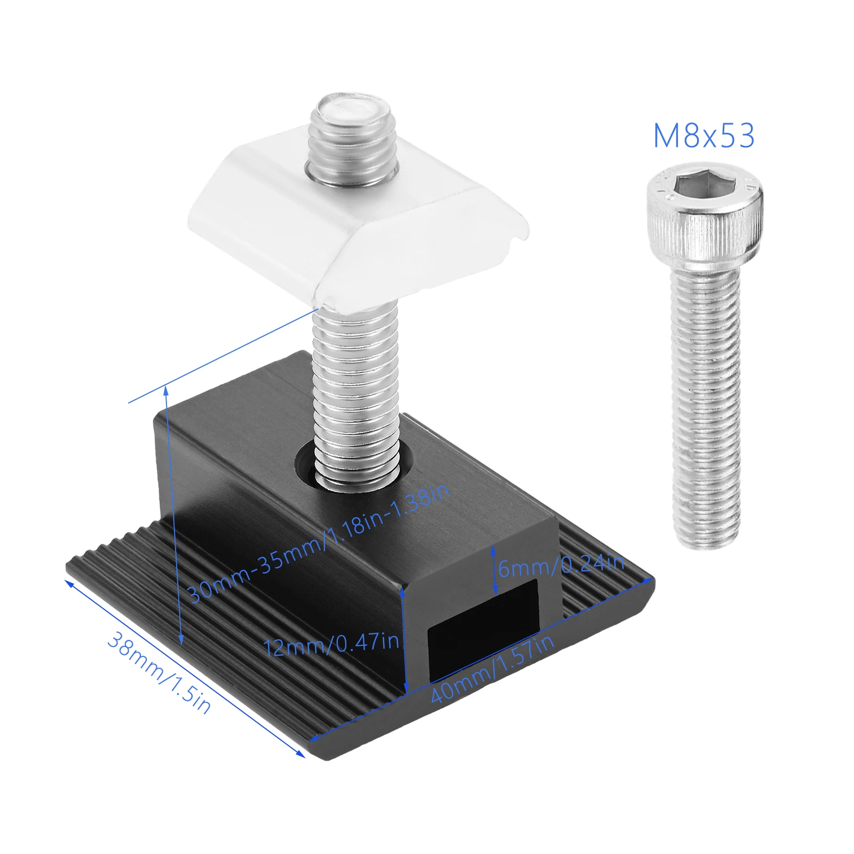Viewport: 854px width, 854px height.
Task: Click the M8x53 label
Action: click(704, 136)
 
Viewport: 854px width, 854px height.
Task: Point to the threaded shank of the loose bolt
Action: click(706, 406)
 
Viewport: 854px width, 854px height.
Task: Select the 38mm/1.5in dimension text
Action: click(159, 673)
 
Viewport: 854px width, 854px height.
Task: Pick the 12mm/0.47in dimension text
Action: click(331, 644)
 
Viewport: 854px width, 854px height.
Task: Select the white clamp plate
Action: click(358, 224)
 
